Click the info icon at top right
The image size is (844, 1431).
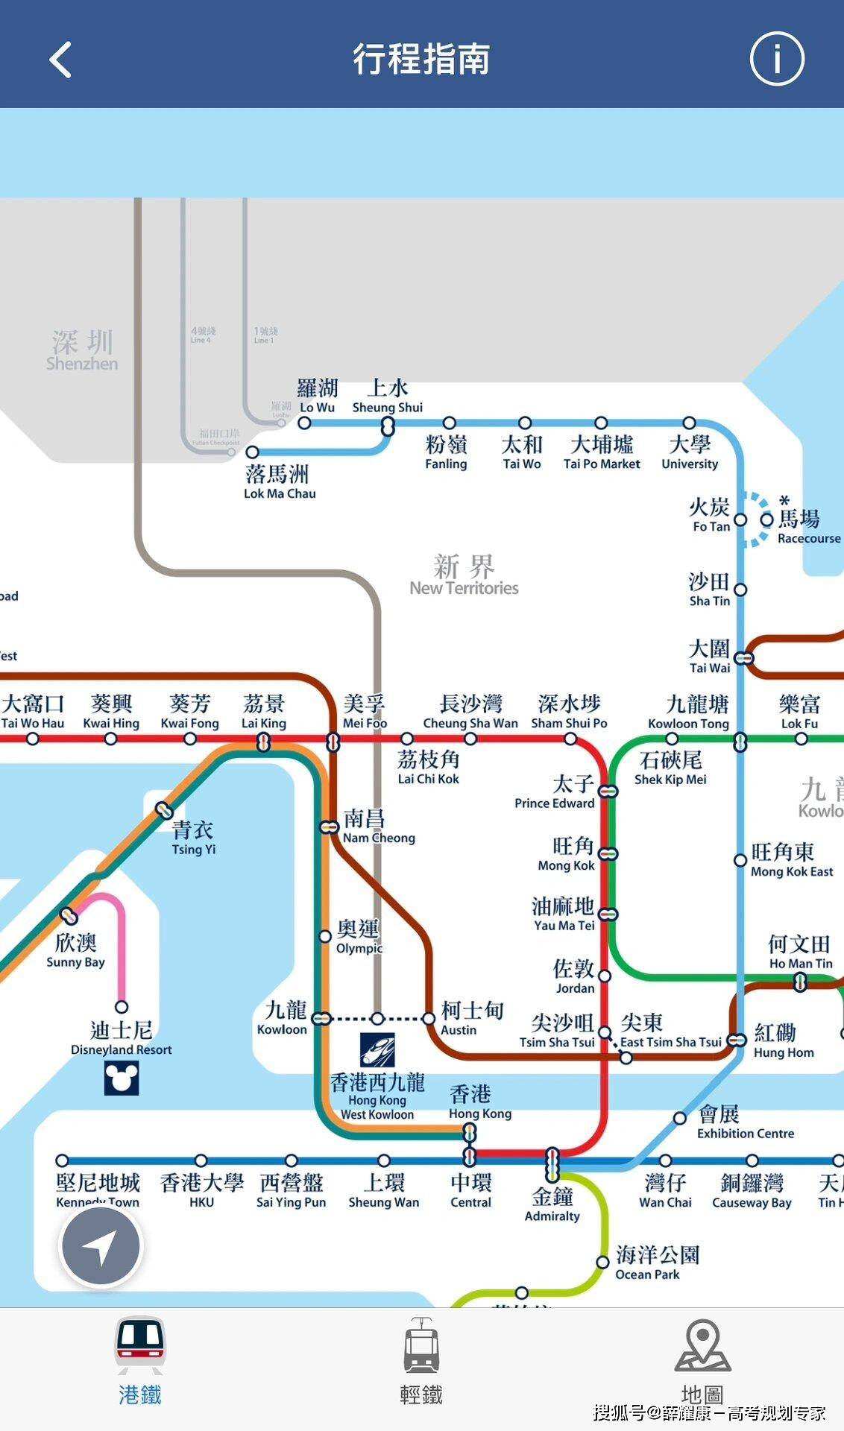pos(776,59)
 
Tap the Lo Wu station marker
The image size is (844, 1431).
pos(304,423)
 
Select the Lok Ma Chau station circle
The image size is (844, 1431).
pos(253,452)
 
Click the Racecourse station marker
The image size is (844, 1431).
pos(766,519)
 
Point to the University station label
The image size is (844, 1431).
pos(690,452)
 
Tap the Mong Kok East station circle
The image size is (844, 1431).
pos(740,860)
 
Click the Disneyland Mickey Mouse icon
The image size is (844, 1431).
pos(122,1077)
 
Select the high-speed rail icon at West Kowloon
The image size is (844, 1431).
pos(377,1049)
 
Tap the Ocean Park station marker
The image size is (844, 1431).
pos(602,1263)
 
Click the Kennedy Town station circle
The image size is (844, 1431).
pos(63,1160)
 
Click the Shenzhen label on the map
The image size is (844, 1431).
pos(82,351)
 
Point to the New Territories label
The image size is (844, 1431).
pos(464,575)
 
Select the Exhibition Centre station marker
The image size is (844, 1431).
pos(680,1118)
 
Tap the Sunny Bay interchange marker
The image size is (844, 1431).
pos(69,915)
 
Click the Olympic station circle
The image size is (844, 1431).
pos(325,936)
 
